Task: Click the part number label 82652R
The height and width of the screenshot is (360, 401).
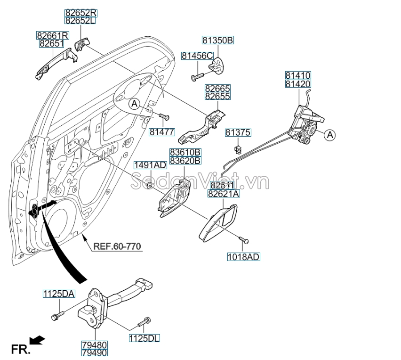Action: tap(80, 13)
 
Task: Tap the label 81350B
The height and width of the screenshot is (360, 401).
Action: tap(218, 41)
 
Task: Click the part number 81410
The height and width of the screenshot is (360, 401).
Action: tap(298, 75)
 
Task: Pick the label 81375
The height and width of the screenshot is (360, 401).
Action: tap(238, 133)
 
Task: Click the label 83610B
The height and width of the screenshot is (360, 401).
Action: tap(185, 153)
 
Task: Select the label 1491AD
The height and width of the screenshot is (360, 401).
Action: tap(150, 165)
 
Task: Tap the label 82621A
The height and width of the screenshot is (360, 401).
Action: tap(224, 194)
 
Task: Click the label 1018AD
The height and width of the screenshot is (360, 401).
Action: tap(243, 257)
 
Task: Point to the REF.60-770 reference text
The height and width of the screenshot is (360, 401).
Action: tap(117, 245)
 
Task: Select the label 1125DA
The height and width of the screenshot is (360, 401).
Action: tap(59, 294)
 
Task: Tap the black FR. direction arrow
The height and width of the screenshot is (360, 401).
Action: tap(38, 339)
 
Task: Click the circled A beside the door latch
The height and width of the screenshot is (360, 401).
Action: tap(330, 135)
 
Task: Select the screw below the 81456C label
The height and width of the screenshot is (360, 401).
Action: tap(196, 76)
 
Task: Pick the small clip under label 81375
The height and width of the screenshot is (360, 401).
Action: tap(238, 150)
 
